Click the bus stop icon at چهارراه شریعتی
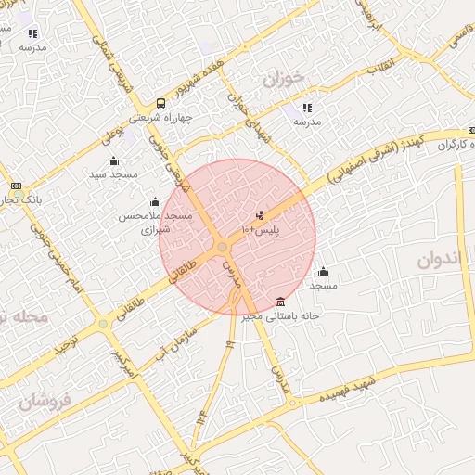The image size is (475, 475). click(161, 104)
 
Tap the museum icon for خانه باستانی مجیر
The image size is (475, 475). click(281, 301)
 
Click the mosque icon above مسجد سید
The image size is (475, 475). click(113, 161)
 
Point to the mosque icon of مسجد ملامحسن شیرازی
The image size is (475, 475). click(155, 202)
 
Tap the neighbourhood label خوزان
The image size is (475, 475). click(282, 80)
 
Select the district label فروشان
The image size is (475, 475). click(44, 401)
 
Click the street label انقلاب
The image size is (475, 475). click(380, 68)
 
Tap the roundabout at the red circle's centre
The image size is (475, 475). click(223, 247)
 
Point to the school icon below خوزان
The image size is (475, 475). click(307, 108)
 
